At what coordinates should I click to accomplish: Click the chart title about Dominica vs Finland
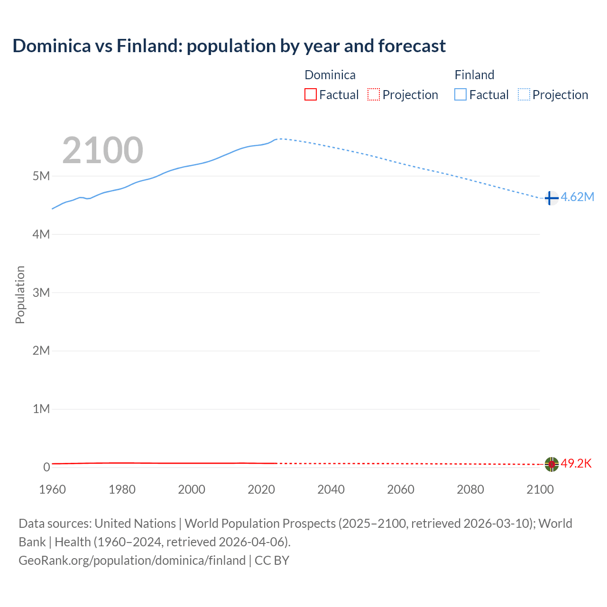tap(229, 46)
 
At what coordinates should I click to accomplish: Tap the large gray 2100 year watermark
tap(102, 150)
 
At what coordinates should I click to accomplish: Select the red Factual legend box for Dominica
tap(310, 94)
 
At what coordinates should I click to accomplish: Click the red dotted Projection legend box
tap(374, 94)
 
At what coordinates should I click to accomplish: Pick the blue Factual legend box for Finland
tap(460, 94)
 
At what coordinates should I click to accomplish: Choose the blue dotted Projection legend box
tap(524, 94)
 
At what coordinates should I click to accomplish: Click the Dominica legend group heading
tap(330, 75)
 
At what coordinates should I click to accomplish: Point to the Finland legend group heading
tap(474, 75)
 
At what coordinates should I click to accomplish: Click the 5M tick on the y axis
tap(41, 176)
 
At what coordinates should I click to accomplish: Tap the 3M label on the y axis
tap(41, 293)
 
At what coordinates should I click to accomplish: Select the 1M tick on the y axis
tap(41, 409)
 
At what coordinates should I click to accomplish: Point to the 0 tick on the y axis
tap(46, 467)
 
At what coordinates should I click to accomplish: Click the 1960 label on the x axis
tap(53, 489)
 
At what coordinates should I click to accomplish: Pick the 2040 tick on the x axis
tap(331, 489)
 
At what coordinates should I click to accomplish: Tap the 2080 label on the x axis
tap(470, 489)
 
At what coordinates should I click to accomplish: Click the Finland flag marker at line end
tap(551, 198)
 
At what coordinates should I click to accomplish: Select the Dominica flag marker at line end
tap(552, 464)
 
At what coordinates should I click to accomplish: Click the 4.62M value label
tap(578, 197)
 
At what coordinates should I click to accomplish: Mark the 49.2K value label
tap(576, 463)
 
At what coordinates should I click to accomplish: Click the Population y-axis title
tap(20, 294)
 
